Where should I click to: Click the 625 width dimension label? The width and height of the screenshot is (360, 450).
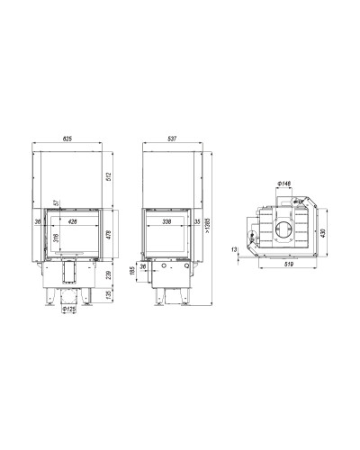coord(67,139)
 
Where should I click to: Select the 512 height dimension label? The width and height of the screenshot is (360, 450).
coord(109,177)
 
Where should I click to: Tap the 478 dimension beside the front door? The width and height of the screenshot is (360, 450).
coord(109,234)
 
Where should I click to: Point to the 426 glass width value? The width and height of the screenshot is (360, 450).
coord(73,221)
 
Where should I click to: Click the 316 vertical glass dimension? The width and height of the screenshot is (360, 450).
coord(56,238)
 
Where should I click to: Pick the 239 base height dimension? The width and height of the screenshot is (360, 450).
coord(109,275)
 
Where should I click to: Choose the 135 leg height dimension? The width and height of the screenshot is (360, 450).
coord(109,294)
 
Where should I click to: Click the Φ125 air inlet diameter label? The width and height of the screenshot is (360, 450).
coord(69,309)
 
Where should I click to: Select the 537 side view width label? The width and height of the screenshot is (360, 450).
coord(172,139)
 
